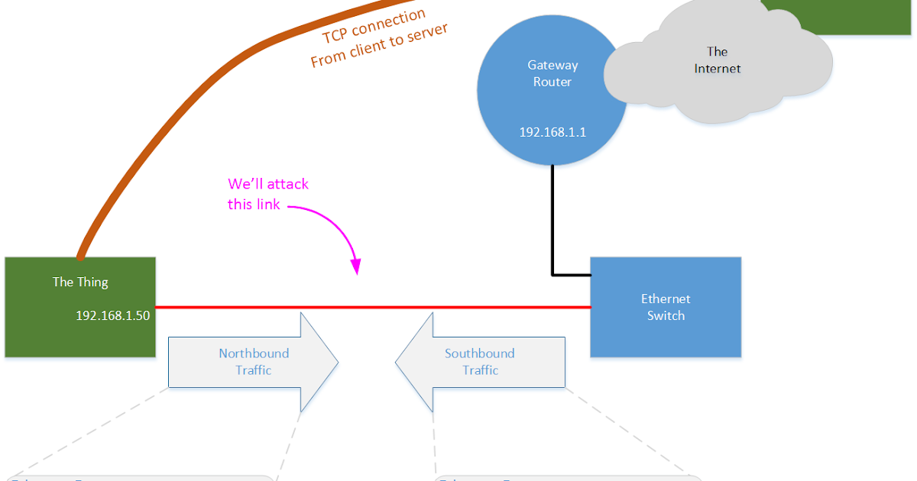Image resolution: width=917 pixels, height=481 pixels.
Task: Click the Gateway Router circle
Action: [x=552, y=99]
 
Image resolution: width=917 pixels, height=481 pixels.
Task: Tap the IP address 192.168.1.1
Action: [x=552, y=132]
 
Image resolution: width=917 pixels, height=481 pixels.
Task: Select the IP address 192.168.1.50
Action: [x=112, y=315]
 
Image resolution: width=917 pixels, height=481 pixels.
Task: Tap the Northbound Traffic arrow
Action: [x=253, y=362]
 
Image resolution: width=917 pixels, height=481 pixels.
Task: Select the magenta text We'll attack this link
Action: [x=267, y=194]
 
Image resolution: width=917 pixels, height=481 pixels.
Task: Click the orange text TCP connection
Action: [x=374, y=27]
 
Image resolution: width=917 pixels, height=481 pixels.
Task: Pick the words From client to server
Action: [x=379, y=46]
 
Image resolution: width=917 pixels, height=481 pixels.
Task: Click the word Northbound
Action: [x=254, y=353]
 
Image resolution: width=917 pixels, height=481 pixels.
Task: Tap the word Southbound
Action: [x=480, y=353]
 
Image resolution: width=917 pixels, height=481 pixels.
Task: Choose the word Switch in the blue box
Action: [x=666, y=316]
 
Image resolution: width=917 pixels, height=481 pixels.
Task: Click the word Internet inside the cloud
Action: [x=718, y=69]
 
